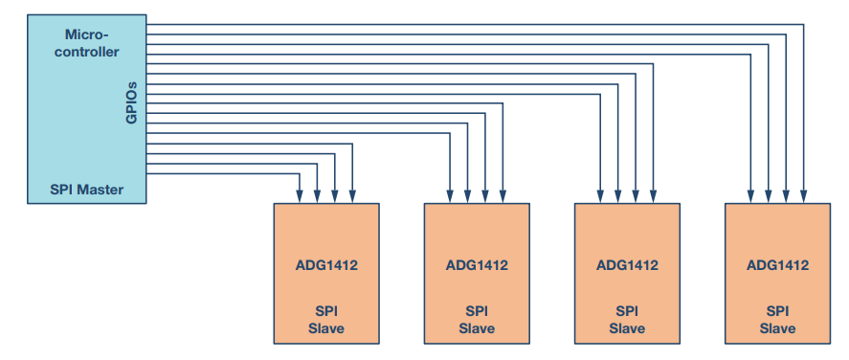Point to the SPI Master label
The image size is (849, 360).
86,189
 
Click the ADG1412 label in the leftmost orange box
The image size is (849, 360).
326,265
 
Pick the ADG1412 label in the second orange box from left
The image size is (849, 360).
477,265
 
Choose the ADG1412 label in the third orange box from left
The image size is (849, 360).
627,265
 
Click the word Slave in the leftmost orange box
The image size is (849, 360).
326,328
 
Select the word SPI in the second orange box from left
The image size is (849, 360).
477,311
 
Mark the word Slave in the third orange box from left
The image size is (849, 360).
627,328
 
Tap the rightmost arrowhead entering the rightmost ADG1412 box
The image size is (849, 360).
803,197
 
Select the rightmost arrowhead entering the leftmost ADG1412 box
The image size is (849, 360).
353,197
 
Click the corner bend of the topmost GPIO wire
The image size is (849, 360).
803,23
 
